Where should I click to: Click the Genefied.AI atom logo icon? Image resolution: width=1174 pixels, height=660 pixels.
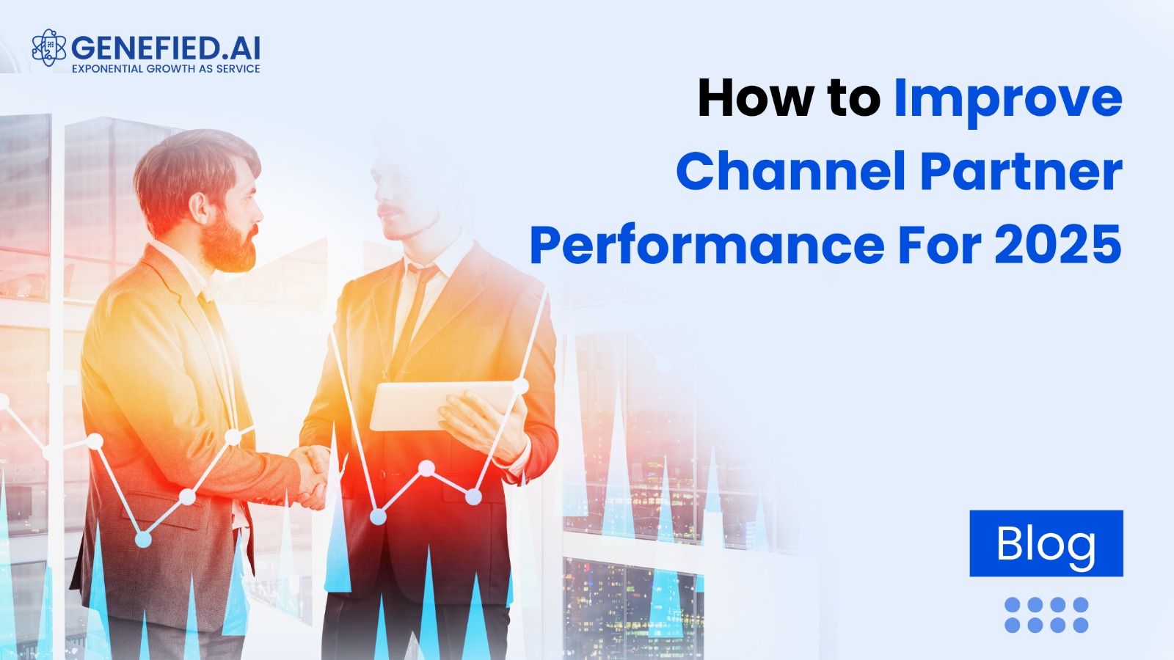48,48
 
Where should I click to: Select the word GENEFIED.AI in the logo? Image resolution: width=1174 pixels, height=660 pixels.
166,48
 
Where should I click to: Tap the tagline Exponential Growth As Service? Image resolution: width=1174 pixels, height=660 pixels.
166,69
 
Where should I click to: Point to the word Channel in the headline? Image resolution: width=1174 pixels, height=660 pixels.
790,172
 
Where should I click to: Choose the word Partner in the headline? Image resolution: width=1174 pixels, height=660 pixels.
1021,172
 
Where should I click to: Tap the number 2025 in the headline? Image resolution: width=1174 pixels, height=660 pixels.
1057,245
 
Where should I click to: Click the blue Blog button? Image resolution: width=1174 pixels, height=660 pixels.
1046,543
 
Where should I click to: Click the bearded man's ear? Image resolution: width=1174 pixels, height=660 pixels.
199,208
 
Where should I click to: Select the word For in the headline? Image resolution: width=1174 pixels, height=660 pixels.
938,245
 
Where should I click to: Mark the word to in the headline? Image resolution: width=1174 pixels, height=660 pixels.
854,99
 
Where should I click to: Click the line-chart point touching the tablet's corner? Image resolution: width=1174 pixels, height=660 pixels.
520,386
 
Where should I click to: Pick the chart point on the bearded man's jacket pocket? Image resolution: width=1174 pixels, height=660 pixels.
187,496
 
